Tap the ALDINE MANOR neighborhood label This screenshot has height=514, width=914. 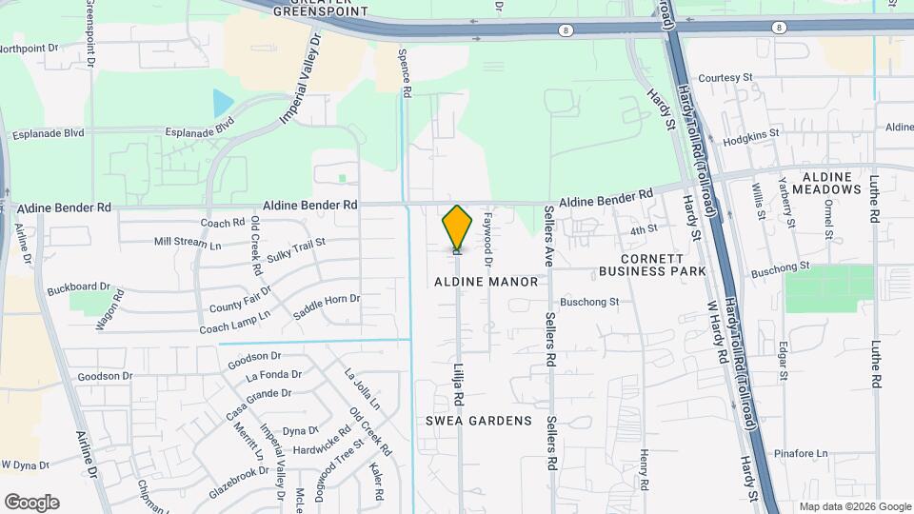pyautogui.click(x=487, y=282)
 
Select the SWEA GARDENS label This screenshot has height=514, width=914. pyautogui.click(x=478, y=421)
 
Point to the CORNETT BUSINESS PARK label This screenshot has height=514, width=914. pyautogui.click(x=652, y=265)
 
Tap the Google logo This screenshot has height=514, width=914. pyautogui.click(x=31, y=502)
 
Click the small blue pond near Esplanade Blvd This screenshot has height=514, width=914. pyautogui.click(x=223, y=101)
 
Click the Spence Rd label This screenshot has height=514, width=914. pyautogui.click(x=406, y=74)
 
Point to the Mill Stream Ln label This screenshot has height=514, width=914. pyautogui.click(x=188, y=243)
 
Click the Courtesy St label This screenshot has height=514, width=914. pyautogui.click(x=725, y=77)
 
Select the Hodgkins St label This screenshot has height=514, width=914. pyautogui.click(x=751, y=137)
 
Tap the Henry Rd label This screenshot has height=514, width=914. pyautogui.click(x=645, y=470)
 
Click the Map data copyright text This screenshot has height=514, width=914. pyautogui.click(x=853, y=506)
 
